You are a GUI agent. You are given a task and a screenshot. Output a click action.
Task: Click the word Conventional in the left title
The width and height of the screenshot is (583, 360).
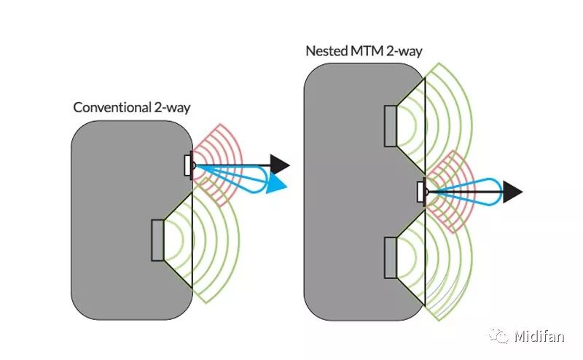(111, 107)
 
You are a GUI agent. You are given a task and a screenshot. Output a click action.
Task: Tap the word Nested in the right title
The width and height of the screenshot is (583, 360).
(326, 51)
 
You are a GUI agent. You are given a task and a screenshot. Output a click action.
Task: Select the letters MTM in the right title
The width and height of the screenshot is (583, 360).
(365, 51)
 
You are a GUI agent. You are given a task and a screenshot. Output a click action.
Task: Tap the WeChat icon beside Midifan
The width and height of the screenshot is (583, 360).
(499, 336)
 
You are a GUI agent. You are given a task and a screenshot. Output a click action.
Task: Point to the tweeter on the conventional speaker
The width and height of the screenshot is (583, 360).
(189, 165)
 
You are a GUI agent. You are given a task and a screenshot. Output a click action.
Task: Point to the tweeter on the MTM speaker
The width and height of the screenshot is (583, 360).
(421, 192)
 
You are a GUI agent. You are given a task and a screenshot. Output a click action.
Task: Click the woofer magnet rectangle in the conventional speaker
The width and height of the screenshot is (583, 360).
(158, 240)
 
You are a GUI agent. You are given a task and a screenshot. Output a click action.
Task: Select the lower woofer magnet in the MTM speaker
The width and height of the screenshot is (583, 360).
(391, 259)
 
